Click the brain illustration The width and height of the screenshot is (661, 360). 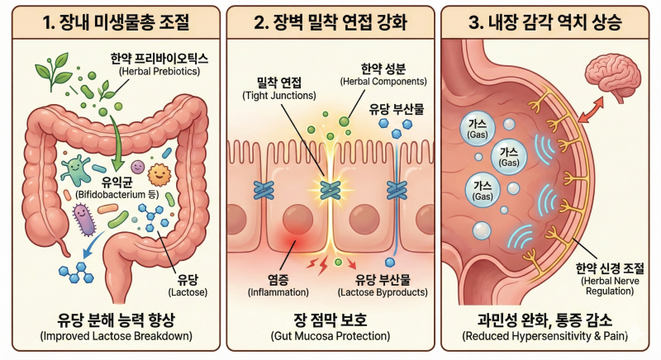(x=613, y=79)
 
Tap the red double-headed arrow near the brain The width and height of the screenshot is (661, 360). (x=591, y=110)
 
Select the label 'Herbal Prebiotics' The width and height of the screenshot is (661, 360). (x=159, y=71)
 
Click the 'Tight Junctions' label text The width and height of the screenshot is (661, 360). (x=279, y=96)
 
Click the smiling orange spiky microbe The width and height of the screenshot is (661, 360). (x=159, y=175)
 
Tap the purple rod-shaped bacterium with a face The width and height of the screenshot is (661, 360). (x=84, y=219)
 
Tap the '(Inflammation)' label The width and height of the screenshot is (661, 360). (x=278, y=292)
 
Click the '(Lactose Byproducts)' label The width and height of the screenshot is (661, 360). (x=383, y=292)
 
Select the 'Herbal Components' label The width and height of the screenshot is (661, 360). (x=383, y=81)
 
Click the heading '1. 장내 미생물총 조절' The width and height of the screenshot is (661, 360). (x=116, y=22)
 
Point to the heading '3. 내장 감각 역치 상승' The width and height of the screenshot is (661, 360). (x=545, y=22)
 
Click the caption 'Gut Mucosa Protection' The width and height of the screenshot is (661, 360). (x=330, y=336)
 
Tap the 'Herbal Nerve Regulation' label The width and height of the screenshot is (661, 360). (x=610, y=286)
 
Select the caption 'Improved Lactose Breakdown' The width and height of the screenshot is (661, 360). (x=116, y=336)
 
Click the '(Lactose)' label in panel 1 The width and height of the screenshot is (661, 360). (x=188, y=292)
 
